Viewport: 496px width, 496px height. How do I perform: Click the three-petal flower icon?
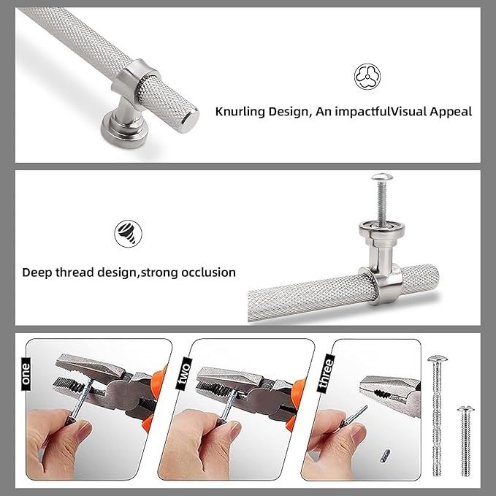367,77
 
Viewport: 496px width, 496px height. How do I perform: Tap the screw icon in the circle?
128,234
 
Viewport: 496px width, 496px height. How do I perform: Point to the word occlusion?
208,272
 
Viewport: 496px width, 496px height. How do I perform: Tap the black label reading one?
26,373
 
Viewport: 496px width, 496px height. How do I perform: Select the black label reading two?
184,373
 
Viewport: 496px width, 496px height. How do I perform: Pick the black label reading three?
326,373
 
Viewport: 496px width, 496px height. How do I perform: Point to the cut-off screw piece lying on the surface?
385,456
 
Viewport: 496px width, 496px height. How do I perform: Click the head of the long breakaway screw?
437,359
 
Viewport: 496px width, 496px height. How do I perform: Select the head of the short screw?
465,408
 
